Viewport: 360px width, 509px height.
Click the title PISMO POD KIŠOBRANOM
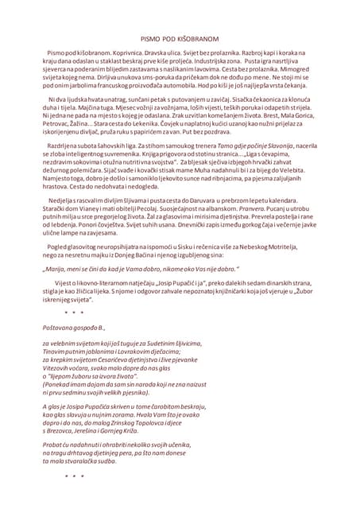pyautogui.click(x=180, y=37)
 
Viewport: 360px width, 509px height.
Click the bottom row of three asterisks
pyautogui.click(x=72, y=498)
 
